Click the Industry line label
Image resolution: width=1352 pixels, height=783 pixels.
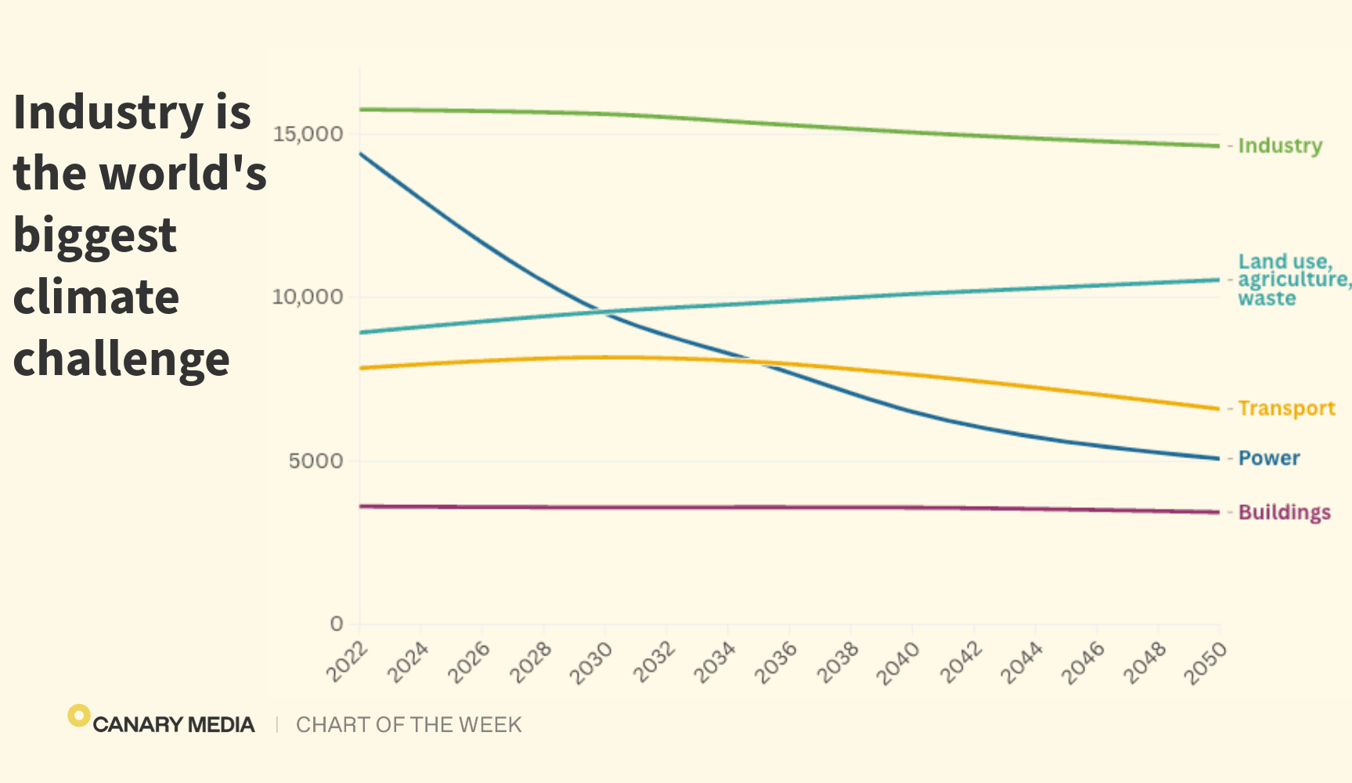coord(1280,146)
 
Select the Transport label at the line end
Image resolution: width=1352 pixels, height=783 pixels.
coord(1286,409)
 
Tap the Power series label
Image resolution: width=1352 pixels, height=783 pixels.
coord(1269,458)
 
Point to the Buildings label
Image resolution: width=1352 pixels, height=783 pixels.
coord(1284,512)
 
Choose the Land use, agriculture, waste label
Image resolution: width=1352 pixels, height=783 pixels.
coord(1293,280)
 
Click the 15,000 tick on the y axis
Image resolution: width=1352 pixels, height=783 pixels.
coord(308,134)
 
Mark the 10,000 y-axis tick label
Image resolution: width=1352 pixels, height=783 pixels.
coord(308,297)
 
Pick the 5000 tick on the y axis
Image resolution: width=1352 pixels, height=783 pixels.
coord(315,460)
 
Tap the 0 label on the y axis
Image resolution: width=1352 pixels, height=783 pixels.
coord(337,624)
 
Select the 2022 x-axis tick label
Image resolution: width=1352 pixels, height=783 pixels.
coord(347,662)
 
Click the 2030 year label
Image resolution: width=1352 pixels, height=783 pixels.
coord(591,662)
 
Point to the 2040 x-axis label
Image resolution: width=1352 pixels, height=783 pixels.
coord(897,662)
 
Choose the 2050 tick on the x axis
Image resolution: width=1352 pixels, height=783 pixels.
coord(1205,662)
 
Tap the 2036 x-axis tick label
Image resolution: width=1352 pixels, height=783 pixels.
coord(775,662)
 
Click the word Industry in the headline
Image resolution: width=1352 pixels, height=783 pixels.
coord(108,112)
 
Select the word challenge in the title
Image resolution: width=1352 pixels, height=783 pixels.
coord(121,359)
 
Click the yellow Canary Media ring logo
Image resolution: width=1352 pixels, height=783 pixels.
coord(78,715)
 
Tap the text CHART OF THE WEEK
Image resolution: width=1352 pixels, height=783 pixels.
coord(409,725)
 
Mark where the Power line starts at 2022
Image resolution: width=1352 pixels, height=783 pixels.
coord(360,153)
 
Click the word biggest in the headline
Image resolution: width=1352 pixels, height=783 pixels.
coord(95,236)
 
